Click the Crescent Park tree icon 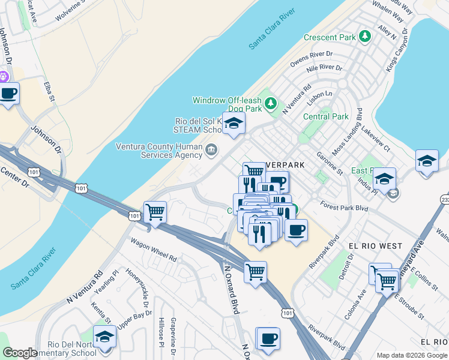point(364,37)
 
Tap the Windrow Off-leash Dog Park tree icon point(271,104)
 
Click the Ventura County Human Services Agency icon point(211,150)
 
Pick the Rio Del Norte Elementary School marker point(104,337)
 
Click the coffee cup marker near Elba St point(8,94)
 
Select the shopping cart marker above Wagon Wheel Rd point(155,212)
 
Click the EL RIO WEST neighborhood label point(375,246)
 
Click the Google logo point(20,353)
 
